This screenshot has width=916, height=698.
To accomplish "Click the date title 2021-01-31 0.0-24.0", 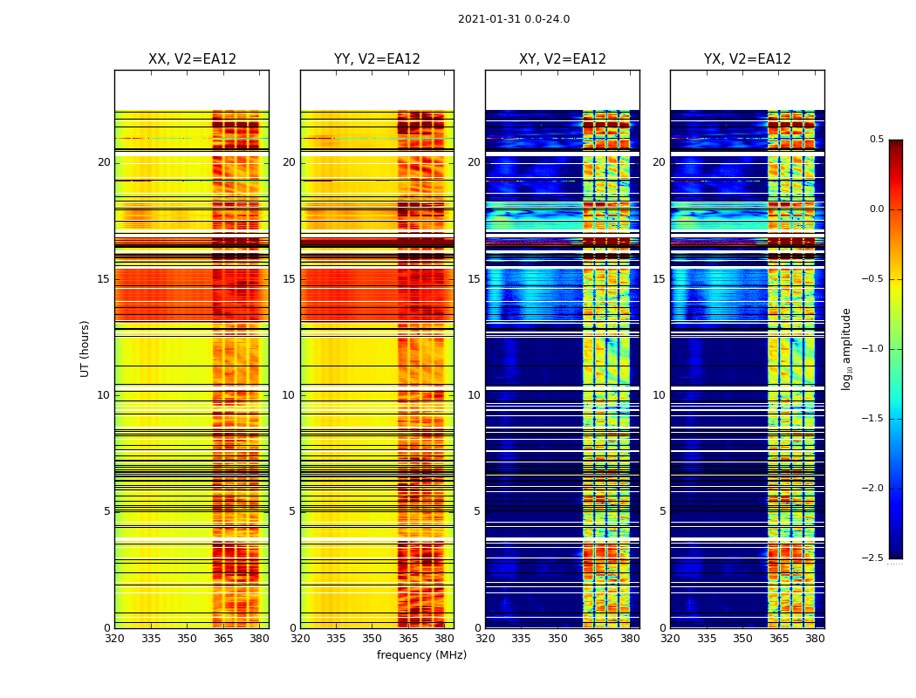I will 513,19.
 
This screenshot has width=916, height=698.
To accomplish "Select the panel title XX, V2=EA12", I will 192,59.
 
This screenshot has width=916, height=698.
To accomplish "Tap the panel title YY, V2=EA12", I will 377,59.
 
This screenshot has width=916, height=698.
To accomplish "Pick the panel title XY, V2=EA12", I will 562,59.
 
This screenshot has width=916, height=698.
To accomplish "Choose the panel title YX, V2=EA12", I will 747,59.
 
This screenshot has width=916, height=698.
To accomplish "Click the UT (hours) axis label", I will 85,348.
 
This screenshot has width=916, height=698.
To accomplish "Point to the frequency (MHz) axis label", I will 421,655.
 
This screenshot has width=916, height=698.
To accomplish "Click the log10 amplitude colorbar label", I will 846,348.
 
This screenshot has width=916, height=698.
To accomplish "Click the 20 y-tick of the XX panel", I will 104,162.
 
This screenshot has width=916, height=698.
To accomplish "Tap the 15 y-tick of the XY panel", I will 474,279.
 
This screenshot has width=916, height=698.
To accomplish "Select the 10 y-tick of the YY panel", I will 289,395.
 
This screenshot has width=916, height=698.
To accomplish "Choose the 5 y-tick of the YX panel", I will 662,511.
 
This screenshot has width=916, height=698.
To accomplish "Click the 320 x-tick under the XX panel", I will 114,639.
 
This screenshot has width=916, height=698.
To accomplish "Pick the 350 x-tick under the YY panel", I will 373,639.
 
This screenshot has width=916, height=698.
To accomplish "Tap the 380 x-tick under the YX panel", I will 815,639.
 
